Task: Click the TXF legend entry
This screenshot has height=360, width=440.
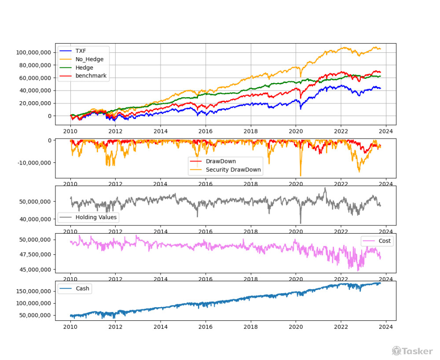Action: tap(81, 51)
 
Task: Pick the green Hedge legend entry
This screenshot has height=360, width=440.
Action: tap(84, 68)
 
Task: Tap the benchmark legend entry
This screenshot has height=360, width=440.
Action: tap(91, 76)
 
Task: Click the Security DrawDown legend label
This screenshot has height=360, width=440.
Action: tap(233, 170)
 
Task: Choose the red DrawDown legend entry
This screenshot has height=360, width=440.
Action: tap(220, 162)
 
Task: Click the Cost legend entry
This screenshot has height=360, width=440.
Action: tap(385, 241)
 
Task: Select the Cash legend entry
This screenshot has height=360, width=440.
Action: tap(82, 289)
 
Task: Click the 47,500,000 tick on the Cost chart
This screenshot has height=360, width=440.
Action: tap(35, 254)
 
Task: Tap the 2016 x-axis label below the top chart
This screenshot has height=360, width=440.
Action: tap(205, 131)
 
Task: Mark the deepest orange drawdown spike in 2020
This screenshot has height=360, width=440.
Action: tap(301, 175)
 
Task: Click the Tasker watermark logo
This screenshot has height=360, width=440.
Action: tap(412, 351)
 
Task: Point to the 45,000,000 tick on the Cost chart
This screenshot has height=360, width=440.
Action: tap(35, 269)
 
